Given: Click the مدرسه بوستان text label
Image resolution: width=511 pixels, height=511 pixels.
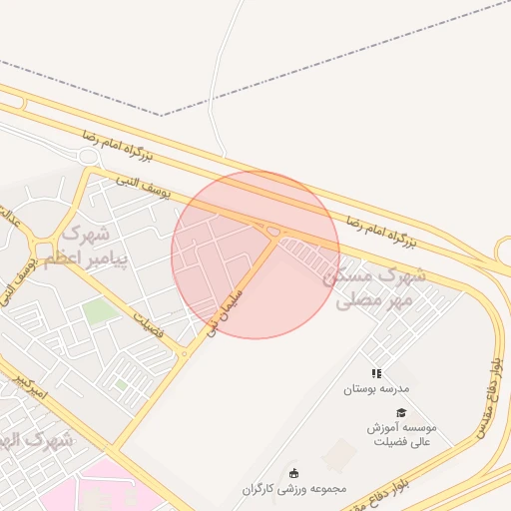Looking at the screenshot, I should [376, 388].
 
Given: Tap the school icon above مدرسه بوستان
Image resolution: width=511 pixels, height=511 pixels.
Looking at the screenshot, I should [376, 373].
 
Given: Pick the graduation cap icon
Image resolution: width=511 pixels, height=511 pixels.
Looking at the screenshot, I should [401, 412].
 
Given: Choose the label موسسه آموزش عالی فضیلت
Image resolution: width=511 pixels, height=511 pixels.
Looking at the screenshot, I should [401, 435].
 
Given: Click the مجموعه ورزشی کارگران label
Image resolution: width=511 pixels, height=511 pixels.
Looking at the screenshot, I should [293, 490].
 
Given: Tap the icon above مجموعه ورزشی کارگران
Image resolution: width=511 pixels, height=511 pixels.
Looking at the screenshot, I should [293, 473].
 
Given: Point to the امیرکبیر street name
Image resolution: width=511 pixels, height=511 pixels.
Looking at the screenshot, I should [30, 385].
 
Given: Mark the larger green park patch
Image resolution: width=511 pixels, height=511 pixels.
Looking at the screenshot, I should [99, 311].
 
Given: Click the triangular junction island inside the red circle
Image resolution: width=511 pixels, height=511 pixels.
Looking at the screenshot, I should [272, 232].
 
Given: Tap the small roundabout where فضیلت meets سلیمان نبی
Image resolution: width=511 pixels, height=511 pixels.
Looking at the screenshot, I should [184, 353].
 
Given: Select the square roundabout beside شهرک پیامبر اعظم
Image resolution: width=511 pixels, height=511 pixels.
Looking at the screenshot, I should [42, 249].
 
